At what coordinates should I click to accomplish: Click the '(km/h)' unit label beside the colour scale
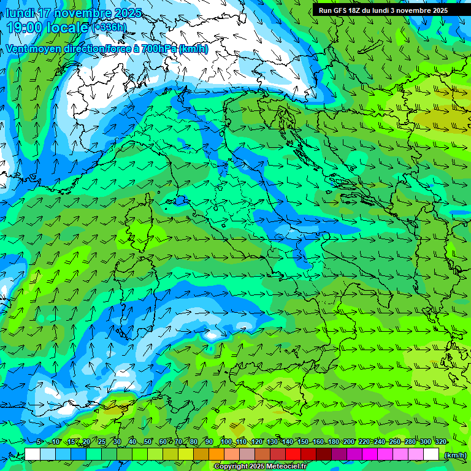click(454, 455)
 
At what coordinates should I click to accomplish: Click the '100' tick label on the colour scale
click(226, 442)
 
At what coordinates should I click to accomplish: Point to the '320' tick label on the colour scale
click(440, 442)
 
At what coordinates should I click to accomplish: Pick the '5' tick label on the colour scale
click(39, 442)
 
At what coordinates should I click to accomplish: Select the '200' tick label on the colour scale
click(348, 442)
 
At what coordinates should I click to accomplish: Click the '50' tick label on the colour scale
click(148, 442)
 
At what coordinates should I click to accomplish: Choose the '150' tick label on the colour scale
click(302, 442)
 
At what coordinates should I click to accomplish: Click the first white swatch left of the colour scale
click(33, 454)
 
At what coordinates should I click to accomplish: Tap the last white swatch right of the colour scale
click(431, 454)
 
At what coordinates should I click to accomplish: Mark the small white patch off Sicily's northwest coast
click(212, 335)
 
